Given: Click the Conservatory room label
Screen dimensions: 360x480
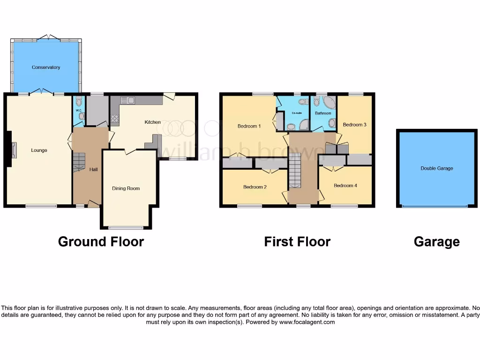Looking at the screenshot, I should (x=46, y=67).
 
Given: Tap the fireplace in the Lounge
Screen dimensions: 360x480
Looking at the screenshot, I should (x=14, y=150).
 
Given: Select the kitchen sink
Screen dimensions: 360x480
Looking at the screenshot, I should (x=127, y=100).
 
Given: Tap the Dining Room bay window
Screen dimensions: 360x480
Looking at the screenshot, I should (x=126, y=228).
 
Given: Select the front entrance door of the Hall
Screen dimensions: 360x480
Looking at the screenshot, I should (x=93, y=203).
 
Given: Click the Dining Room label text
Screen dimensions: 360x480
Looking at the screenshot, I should (x=126, y=188).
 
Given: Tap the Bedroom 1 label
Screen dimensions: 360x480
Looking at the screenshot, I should (x=249, y=126).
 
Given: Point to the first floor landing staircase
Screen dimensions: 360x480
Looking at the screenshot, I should (x=294, y=172).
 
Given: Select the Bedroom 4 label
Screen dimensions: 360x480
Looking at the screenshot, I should (x=345, y=186).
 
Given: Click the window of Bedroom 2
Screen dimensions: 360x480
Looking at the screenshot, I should (x=249, y=206).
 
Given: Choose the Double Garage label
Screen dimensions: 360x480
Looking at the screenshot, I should (x=436, y=168).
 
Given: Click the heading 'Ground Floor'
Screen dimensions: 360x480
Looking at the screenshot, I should (x=101, y=241).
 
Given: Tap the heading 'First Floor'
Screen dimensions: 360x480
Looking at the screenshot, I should (x=297, y=241).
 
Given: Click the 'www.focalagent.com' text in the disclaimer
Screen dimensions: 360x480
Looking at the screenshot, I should (x=307, y=322).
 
